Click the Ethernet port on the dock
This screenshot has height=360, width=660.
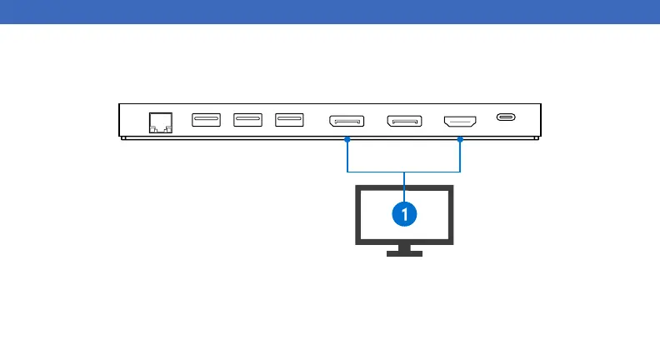point(159,122)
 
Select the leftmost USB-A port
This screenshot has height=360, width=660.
point(206,120)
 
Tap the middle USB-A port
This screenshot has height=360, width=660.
point(247,120)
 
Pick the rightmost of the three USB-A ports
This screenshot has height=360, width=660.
point(289,120)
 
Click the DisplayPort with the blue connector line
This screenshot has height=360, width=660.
point(347,121)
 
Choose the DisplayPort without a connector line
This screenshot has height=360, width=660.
point(404,121)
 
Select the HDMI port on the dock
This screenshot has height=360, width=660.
point(460,121)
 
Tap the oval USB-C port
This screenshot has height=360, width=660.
point(506,117)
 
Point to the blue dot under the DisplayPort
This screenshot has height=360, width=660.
point(347,140)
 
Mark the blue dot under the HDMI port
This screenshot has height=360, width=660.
point(460,140)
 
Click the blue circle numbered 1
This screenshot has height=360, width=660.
point(404,214)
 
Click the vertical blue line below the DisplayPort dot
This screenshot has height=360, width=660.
point(347,157)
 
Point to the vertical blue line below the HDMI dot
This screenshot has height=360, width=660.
point(460,157)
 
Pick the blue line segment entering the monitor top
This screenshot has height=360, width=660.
point(404,178)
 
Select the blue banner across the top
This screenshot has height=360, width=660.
point(330,11)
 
